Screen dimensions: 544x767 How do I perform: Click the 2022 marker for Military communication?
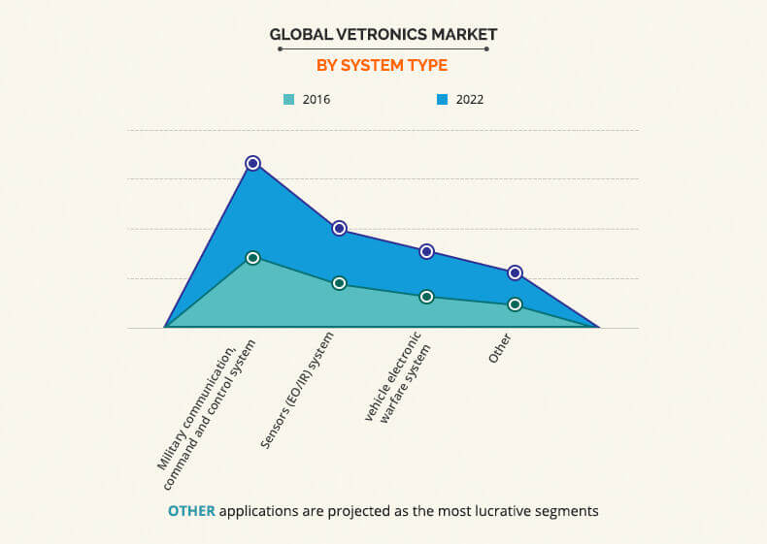tap(252, 163)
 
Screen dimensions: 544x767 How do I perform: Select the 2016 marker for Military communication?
tap(252, 258)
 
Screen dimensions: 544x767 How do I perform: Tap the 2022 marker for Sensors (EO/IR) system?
tap(340, 228)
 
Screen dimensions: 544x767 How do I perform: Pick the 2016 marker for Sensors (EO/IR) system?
tap(340, 283)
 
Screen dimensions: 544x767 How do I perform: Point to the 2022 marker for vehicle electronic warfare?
tap(426, 251)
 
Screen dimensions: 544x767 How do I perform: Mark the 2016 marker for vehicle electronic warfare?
tap(426, 297)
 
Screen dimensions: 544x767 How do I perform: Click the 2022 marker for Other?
tap(515, 272)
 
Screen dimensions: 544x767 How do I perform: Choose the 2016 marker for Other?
tap(515, 304)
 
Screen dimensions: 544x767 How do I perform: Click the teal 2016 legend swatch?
tap(288, 99)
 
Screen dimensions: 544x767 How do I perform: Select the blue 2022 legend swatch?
tap(442, 99)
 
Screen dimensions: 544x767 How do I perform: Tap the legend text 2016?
tap(317, 99)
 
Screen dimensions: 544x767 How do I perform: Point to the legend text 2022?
tap(469, 99)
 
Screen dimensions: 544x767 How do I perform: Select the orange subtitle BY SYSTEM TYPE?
tap(383, 66)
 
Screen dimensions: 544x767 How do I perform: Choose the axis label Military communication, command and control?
tap(208, 404)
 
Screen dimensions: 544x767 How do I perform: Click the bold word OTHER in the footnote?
tap(191, 510)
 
